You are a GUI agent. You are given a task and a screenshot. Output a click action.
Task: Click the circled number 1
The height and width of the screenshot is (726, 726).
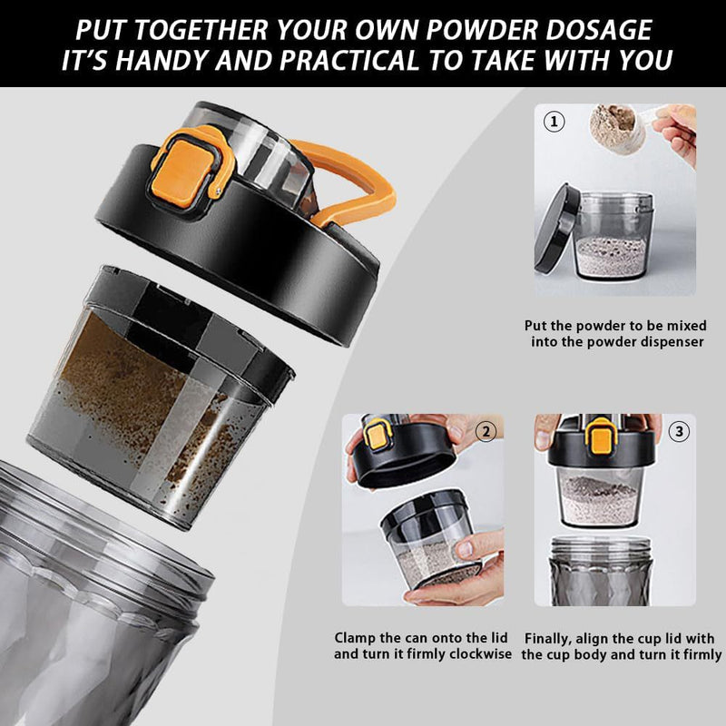point(554,122)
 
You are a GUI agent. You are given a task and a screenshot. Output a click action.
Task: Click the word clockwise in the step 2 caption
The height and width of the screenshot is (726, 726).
point(479,654)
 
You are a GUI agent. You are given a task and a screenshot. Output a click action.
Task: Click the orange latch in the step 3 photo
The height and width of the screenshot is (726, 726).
point(599,437)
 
